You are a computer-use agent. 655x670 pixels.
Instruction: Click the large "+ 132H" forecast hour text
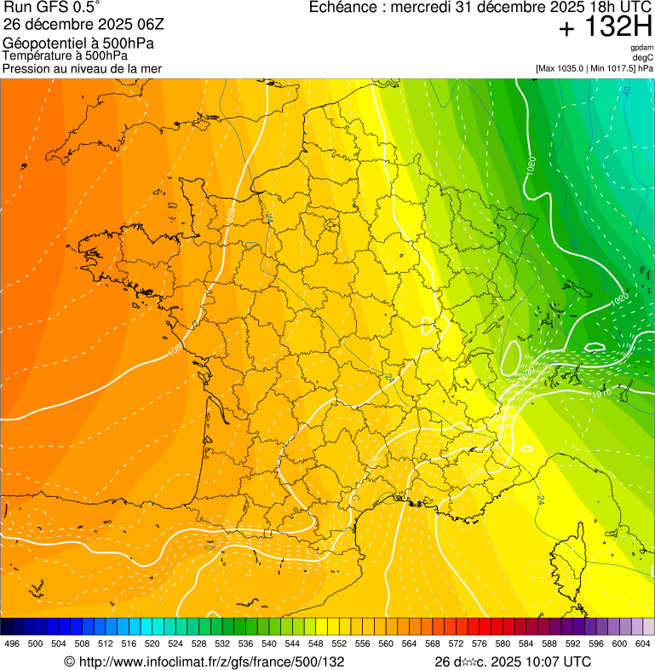pyautogui.click(x=604, y=28)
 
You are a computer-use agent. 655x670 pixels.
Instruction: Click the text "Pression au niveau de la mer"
pyautogui.click(x=82, y=68)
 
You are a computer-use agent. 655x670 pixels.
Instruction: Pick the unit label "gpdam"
pyautogui.click(x=641, y=48)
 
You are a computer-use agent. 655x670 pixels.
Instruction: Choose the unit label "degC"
pyautogui.click(x=643, y=57)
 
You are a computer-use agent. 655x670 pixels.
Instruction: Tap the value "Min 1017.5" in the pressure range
pyautogui.click(x=615, y=67)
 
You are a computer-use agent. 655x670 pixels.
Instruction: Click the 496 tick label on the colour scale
pyautogui.click(x=12, y=644)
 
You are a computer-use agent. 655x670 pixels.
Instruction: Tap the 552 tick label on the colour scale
pyautogui.click(x=338, y=644)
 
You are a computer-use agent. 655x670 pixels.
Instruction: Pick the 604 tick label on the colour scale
pyautogui.click(x=642, y=644)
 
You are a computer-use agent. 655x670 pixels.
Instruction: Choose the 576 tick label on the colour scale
pyautogui.click(x=479, y=644)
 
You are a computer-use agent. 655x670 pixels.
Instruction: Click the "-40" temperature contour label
pyautogui.click(x=626, y=89)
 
